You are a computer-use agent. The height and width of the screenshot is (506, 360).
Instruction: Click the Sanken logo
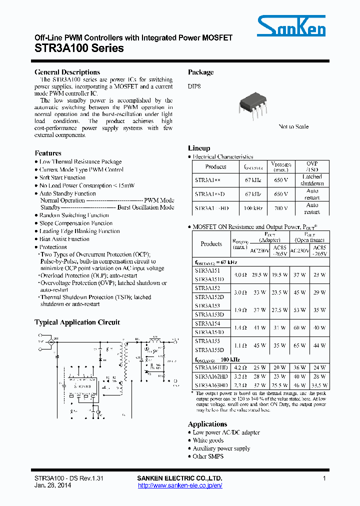[291, 26]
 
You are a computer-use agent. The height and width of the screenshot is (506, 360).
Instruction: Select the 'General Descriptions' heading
[67, 72]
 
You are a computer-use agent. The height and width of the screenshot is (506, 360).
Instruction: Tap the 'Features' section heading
[48, 153]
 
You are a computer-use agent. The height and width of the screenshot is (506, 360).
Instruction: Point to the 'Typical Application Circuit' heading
[77, 322]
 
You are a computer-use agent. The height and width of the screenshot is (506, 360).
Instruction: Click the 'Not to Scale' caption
[293, 126]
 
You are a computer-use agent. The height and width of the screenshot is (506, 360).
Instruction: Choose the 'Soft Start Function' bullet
[62, 177]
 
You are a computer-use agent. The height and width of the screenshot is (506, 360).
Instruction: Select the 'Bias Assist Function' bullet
[64, 239]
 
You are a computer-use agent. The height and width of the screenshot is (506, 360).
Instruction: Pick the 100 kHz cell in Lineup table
[253, 208]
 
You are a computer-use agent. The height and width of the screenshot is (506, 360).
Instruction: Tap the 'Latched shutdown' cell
[312, 180]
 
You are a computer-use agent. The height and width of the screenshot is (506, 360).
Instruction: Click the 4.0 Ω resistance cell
[240, 274]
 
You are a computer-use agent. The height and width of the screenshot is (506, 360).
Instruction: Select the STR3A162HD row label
[211, 376]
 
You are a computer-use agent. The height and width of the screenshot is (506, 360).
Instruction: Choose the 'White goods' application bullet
[208, 440]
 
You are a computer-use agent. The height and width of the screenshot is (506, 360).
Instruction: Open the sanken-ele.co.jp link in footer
[179, 485]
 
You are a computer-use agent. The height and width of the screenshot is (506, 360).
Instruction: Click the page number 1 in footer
[324, 478]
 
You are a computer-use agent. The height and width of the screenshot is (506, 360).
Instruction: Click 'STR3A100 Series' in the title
[79, 48]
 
